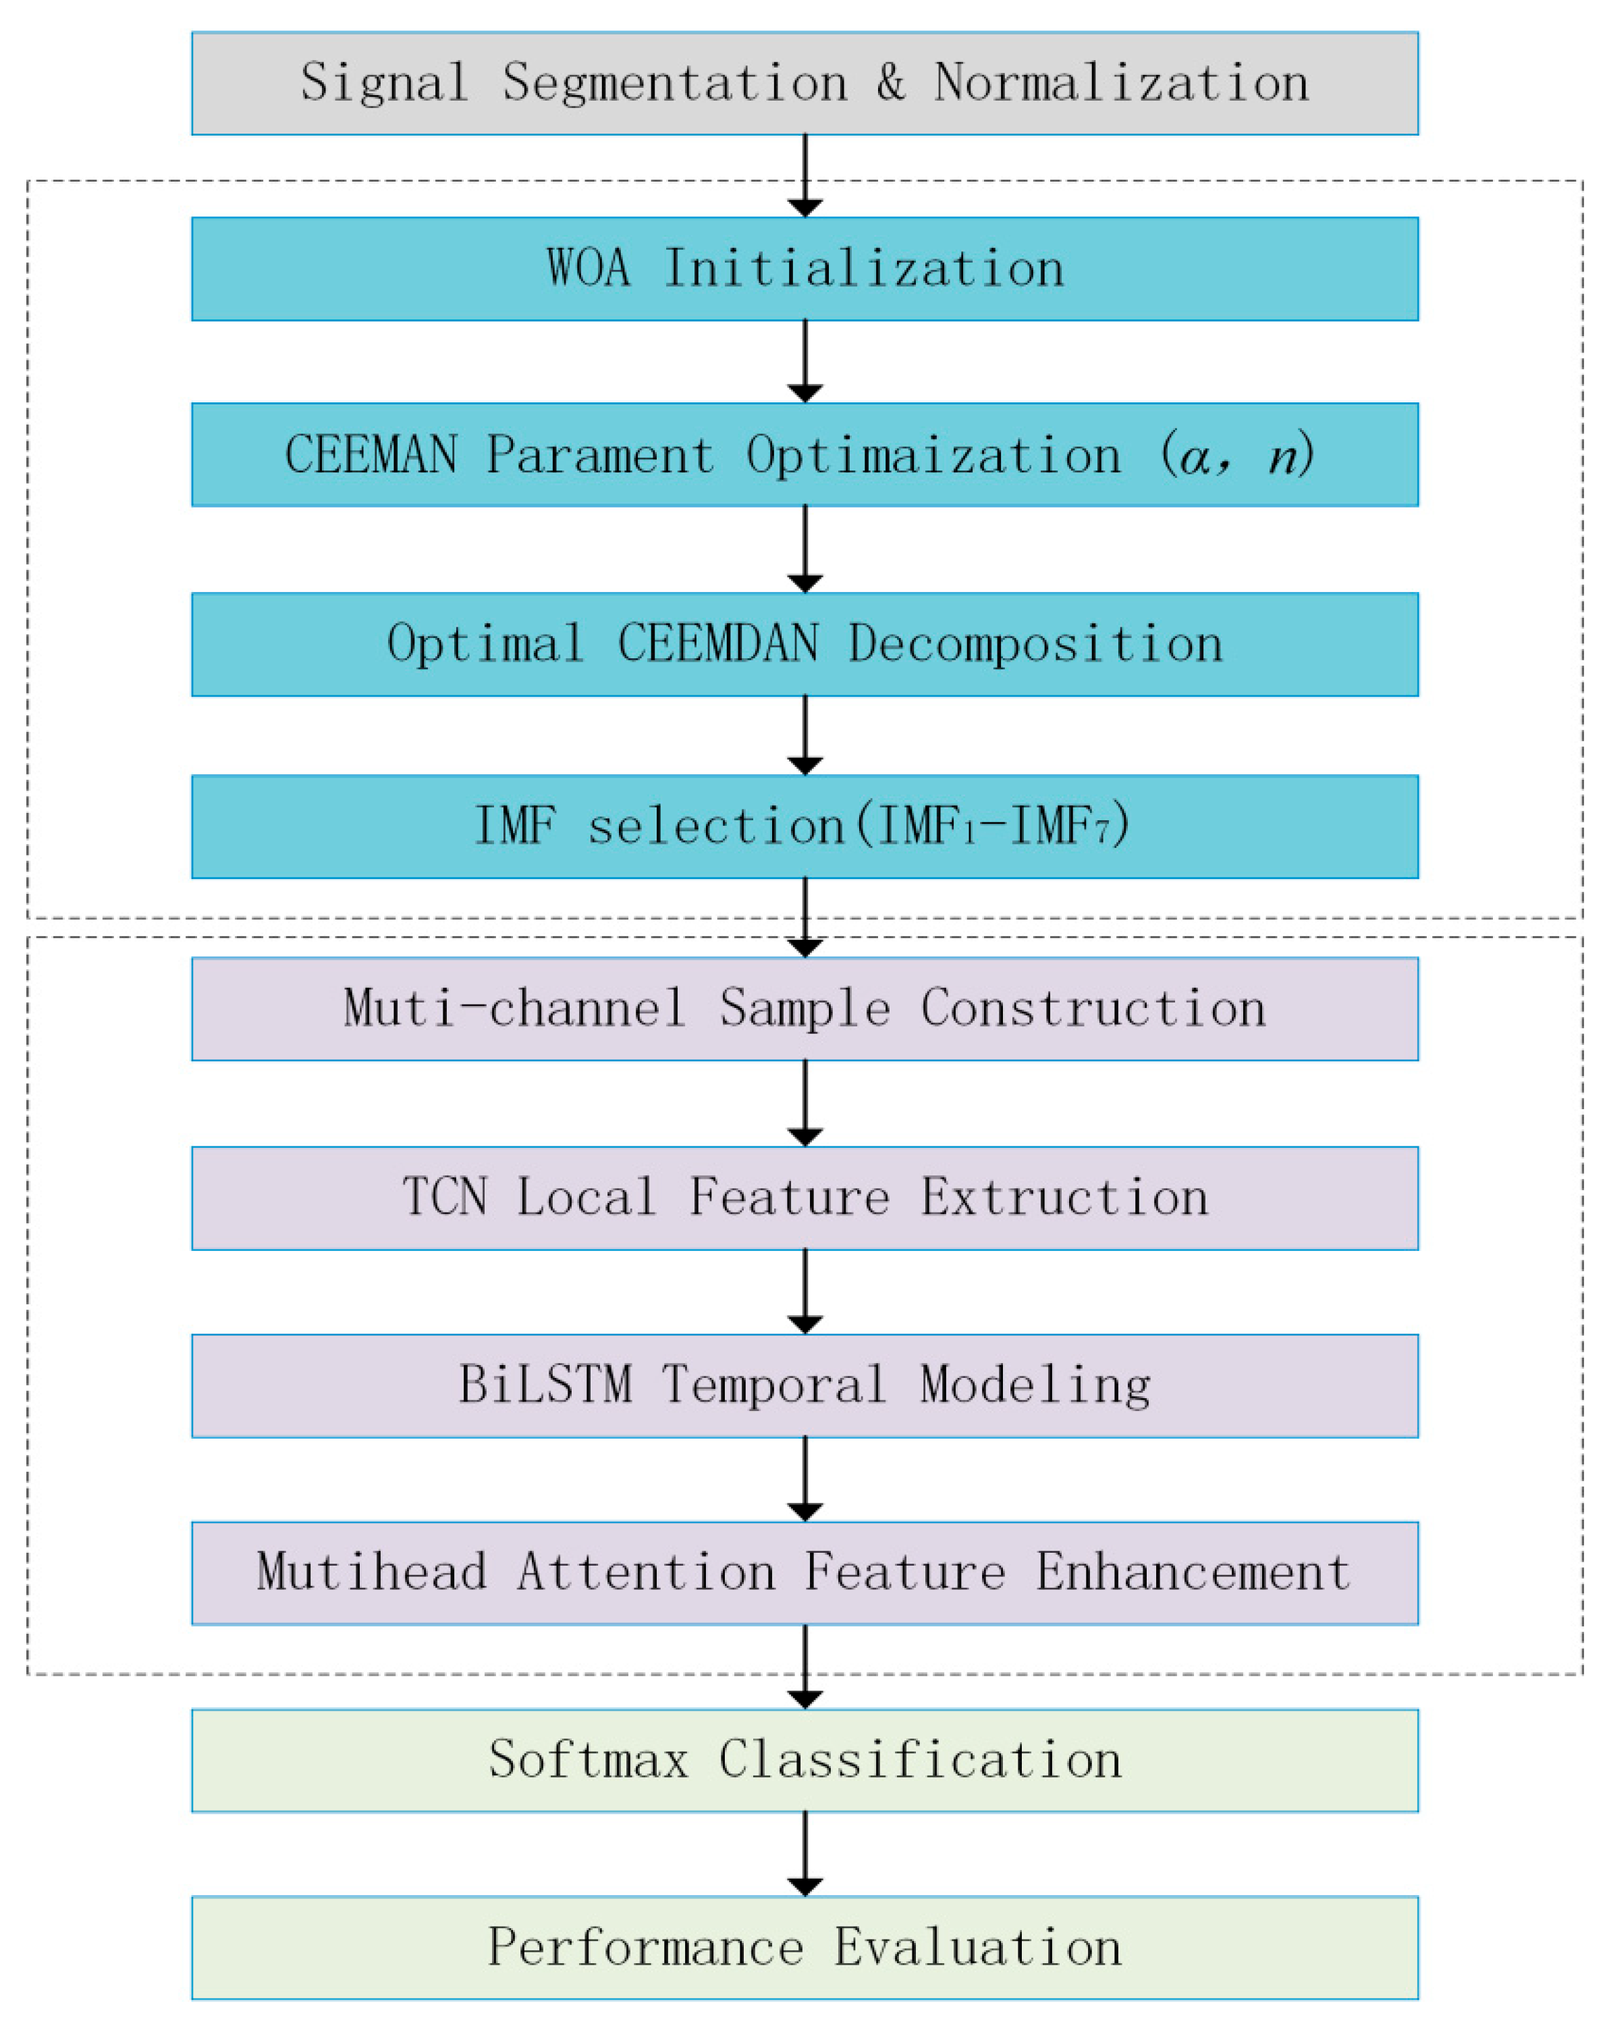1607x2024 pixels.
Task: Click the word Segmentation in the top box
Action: pos(674,82)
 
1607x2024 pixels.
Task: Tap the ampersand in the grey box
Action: pos(890,82)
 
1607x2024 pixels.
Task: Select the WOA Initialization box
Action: pos(805,269)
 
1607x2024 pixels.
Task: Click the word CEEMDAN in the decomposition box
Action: pos(717,644)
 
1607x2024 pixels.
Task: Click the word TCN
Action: pos(445,1197)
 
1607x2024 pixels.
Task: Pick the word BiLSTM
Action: pos(545,1385)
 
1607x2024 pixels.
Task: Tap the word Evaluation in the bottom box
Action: pos(977,1947)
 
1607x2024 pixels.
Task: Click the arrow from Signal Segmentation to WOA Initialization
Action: pos(805,175)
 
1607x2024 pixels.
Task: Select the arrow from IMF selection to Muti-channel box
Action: pos(805,917)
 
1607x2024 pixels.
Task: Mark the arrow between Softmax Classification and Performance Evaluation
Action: pos(805,1853)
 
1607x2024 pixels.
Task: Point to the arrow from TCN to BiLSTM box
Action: pos(805,1291)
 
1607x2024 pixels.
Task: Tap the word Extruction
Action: pos(1064,1197)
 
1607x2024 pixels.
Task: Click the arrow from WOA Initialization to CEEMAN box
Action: pos(805,361)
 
